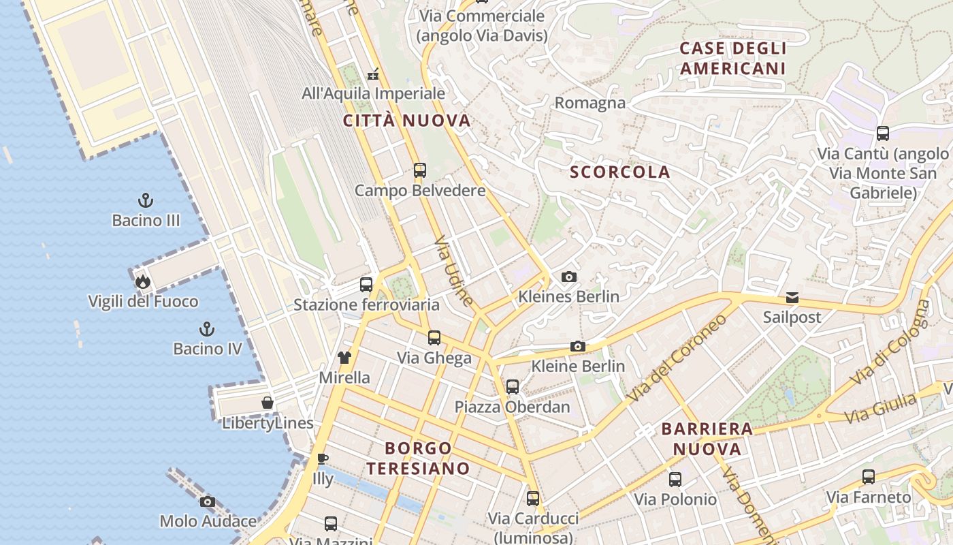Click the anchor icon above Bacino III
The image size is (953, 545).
tap(145, 200)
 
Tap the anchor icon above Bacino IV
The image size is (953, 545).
tap(207, 329)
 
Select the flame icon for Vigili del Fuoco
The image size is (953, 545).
tap(142, 281)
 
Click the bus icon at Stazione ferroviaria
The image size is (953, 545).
tap(366, 285)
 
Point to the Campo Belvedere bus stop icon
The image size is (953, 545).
tap(420, 170)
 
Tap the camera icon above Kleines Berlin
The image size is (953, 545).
tap(569, 277)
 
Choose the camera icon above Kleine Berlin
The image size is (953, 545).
tap(578, 346)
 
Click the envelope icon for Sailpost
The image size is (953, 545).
tap(792, 297)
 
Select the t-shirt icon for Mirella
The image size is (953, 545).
tap(344, 357)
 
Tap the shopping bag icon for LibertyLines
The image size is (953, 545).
tap(268, 403)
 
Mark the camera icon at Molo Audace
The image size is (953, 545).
tap(208, 501)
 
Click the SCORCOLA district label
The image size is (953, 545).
tap(620, 172)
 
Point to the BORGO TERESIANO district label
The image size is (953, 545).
tap(418, 458)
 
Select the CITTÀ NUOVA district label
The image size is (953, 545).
tap(406, 121)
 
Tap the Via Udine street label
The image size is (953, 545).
tap(453, 270)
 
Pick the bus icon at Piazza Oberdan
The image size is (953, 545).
tap(513, 387)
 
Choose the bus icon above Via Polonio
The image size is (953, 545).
tap(675, 480)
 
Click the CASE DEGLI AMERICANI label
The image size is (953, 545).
tap(732, 58)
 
